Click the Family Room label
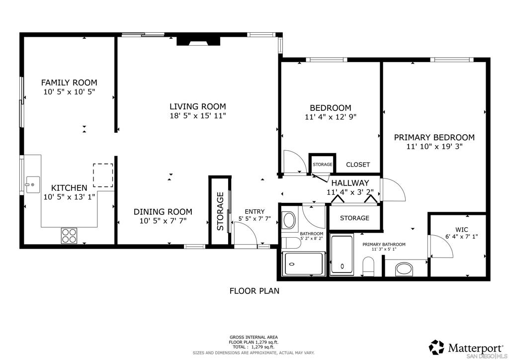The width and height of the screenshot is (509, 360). click(x=69, y=83)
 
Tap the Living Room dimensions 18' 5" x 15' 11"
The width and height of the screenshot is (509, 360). click(x=198, y=116)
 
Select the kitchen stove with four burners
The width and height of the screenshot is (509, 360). click(x=70, y=235)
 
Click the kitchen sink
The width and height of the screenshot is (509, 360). click(x=32, y=184)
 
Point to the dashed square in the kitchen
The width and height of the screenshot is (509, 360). click(x=103, y=176)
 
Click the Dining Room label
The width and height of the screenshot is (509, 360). click(x=163, y=211)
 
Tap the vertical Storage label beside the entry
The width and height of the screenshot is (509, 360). click(x=220, y=211)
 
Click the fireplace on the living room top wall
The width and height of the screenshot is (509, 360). click(x=198, y=40)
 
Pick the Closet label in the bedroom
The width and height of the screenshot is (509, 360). click(x=358, y=165)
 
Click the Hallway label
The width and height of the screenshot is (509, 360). click(x=350, y=183)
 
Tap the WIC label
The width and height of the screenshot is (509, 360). click(x=462, y=230)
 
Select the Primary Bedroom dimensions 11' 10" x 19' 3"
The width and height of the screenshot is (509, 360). click(x=434, y=147)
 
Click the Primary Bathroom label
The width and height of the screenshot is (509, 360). click(x=384, y=244)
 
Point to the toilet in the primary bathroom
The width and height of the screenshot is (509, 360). click(x=368, y=266)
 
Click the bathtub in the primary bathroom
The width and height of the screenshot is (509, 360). click(x=341, y=255)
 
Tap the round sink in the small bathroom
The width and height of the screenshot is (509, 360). click(x=288, y=220)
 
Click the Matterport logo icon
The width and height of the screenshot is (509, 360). click(x=437, y=347)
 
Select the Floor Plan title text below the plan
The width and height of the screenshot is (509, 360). click(x=254, y=291)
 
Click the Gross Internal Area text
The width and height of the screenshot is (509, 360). click(x=254, y=337)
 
